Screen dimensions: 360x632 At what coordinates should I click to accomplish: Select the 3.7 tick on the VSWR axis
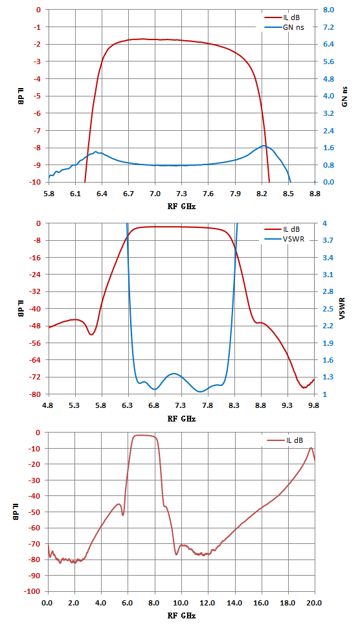(333, 240)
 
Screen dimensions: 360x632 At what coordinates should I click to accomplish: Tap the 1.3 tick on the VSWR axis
(333, 378)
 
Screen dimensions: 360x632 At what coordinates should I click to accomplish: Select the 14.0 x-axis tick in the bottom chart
(234, 604)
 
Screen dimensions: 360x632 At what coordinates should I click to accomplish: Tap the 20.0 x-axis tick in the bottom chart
(315, 604)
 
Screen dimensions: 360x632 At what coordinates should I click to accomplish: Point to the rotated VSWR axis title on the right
(343, 309)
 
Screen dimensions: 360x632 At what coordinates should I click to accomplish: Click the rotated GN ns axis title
(344, 96)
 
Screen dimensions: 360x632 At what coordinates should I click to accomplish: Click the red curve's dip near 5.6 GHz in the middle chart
(91, 335)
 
